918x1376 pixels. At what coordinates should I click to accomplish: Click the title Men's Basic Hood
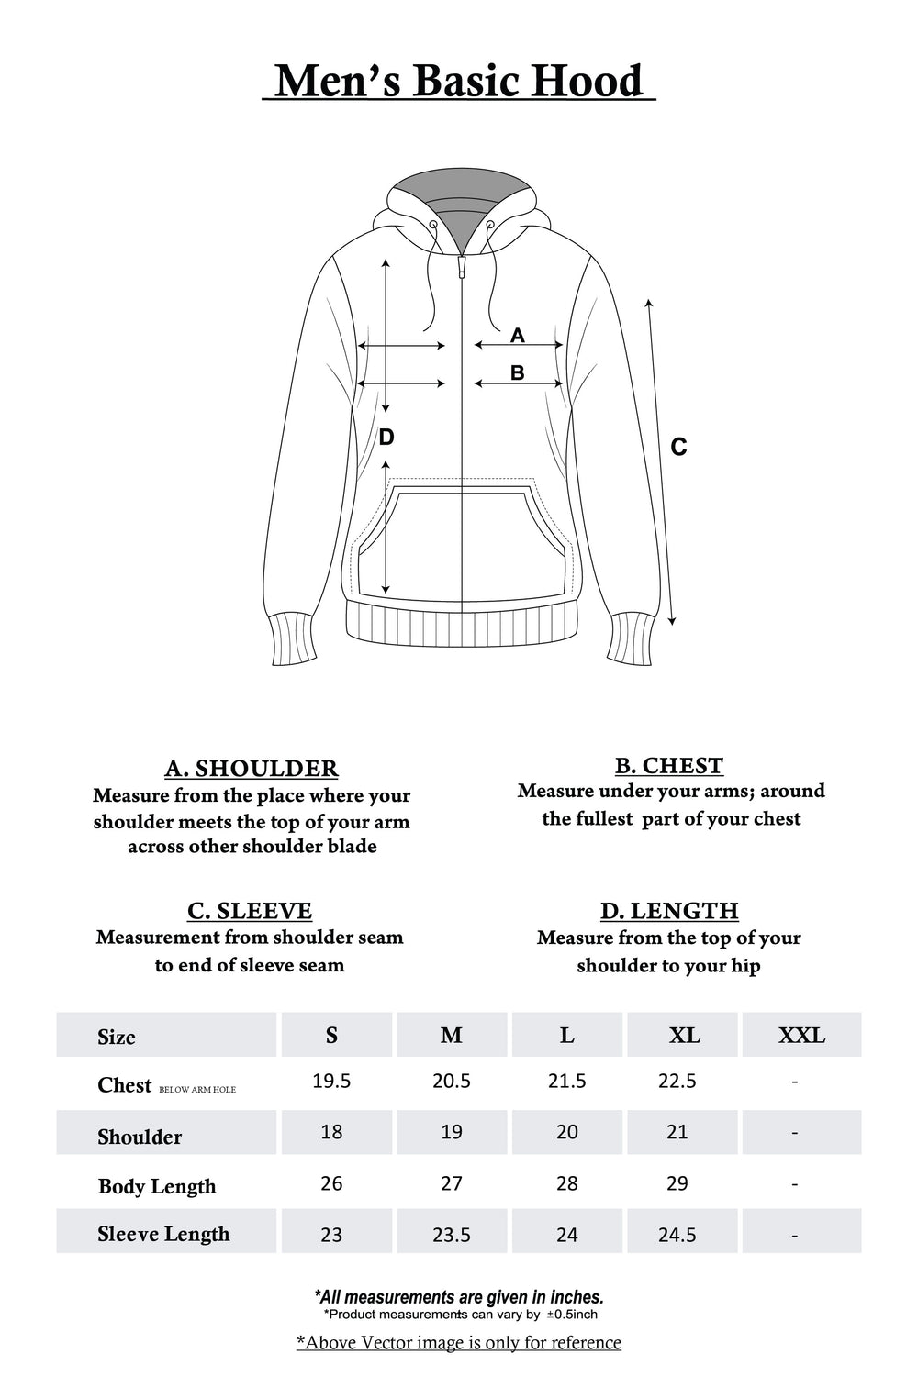459,81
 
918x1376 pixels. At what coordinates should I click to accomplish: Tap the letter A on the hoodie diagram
518,336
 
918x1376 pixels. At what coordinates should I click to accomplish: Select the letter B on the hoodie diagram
517,373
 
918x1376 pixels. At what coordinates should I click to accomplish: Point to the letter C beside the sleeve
678,448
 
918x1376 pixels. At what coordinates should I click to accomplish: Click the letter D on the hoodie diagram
386,438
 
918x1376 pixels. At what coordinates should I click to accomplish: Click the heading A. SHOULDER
252,768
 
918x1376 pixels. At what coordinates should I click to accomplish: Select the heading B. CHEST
669,765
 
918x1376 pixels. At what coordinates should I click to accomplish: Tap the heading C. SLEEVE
250,911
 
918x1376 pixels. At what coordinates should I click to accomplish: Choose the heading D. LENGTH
669,911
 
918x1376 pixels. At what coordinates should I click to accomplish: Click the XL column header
685,1036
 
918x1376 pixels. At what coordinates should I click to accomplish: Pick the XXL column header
801,1036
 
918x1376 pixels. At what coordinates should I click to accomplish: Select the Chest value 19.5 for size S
331,1082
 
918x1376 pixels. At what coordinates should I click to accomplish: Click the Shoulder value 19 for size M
452,1132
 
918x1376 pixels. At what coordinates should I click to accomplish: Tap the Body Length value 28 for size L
567,1183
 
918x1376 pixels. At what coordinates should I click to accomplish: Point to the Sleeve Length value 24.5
677,1236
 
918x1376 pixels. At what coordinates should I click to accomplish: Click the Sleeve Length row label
163,1235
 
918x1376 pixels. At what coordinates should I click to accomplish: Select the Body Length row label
157,1186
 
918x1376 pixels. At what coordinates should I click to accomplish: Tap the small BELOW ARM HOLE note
197,1090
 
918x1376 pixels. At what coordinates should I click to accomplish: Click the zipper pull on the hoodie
462,267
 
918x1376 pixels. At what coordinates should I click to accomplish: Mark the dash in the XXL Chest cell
794,1082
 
